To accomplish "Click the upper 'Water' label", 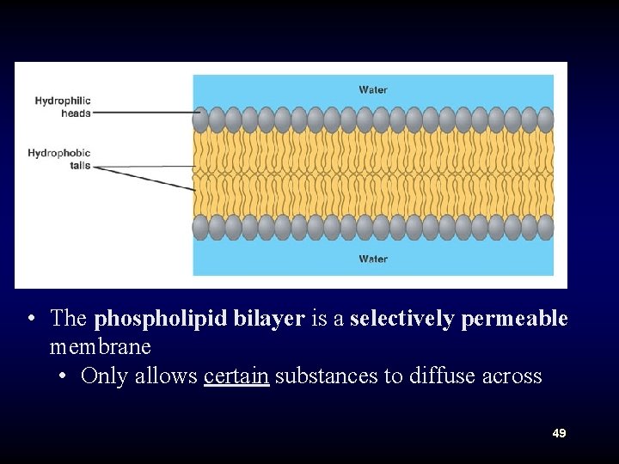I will tap(373, 89).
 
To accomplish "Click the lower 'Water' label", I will tap(373, 259).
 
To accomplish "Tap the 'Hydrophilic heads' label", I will tap(63, 107).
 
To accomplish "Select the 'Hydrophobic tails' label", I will tap(58, 159).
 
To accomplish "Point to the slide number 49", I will tap(559, 434).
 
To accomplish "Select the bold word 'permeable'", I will tap(515, 319).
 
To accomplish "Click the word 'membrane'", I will tap(100, 347).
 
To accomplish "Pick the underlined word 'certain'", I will tap(236, 376).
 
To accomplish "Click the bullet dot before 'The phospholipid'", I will tap(31, 319).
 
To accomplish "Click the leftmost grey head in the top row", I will tap(201, 119).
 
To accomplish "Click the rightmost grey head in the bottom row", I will tap(545, 227).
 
